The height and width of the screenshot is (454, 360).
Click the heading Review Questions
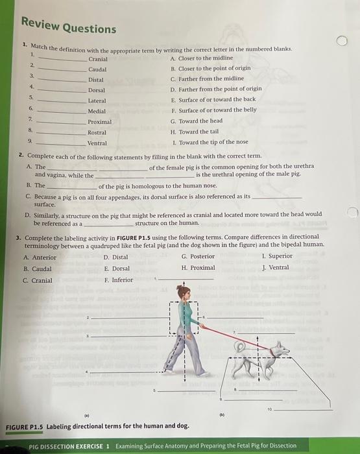[68, 26]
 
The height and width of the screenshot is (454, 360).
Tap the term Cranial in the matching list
[97, 59]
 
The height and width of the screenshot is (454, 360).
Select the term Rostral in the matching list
[97, 132]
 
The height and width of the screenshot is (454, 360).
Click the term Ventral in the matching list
[97, 143]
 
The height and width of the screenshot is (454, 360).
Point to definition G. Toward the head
[196, 121]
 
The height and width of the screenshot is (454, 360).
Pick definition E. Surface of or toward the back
[213, 100]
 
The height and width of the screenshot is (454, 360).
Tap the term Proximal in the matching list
[99, 121]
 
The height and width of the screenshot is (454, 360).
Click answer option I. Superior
[276, 256]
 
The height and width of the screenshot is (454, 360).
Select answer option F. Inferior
[119, 280]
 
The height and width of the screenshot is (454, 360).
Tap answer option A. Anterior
[40, 257]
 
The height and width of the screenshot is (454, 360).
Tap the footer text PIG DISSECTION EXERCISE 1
[71, 446]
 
